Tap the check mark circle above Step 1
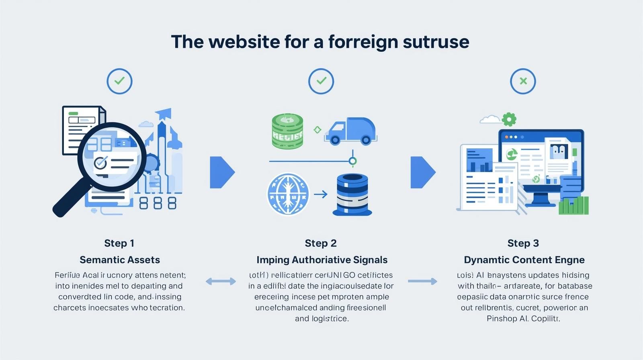click(x=119, y=81)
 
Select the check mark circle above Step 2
click(x=321, y=81)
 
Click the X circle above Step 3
click(x=523, y=81)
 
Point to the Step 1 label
click(x=119, y=243)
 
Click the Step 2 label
click(x=321, y=243)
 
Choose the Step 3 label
click(x=523, y=243)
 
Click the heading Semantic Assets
click(x=120, y=260)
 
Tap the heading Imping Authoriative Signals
click(x=322, y=260)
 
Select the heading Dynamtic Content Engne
click(x=524, y=260)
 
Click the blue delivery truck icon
click(x=351, y=131)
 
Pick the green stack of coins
click(x=287, y=131)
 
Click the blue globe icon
click(x=288, y=194)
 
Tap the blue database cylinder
click(x=352, y=195)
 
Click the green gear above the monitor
click(x=509, y=119)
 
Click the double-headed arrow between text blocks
click(x=221, y=281)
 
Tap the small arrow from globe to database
click(x=320, y=194)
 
